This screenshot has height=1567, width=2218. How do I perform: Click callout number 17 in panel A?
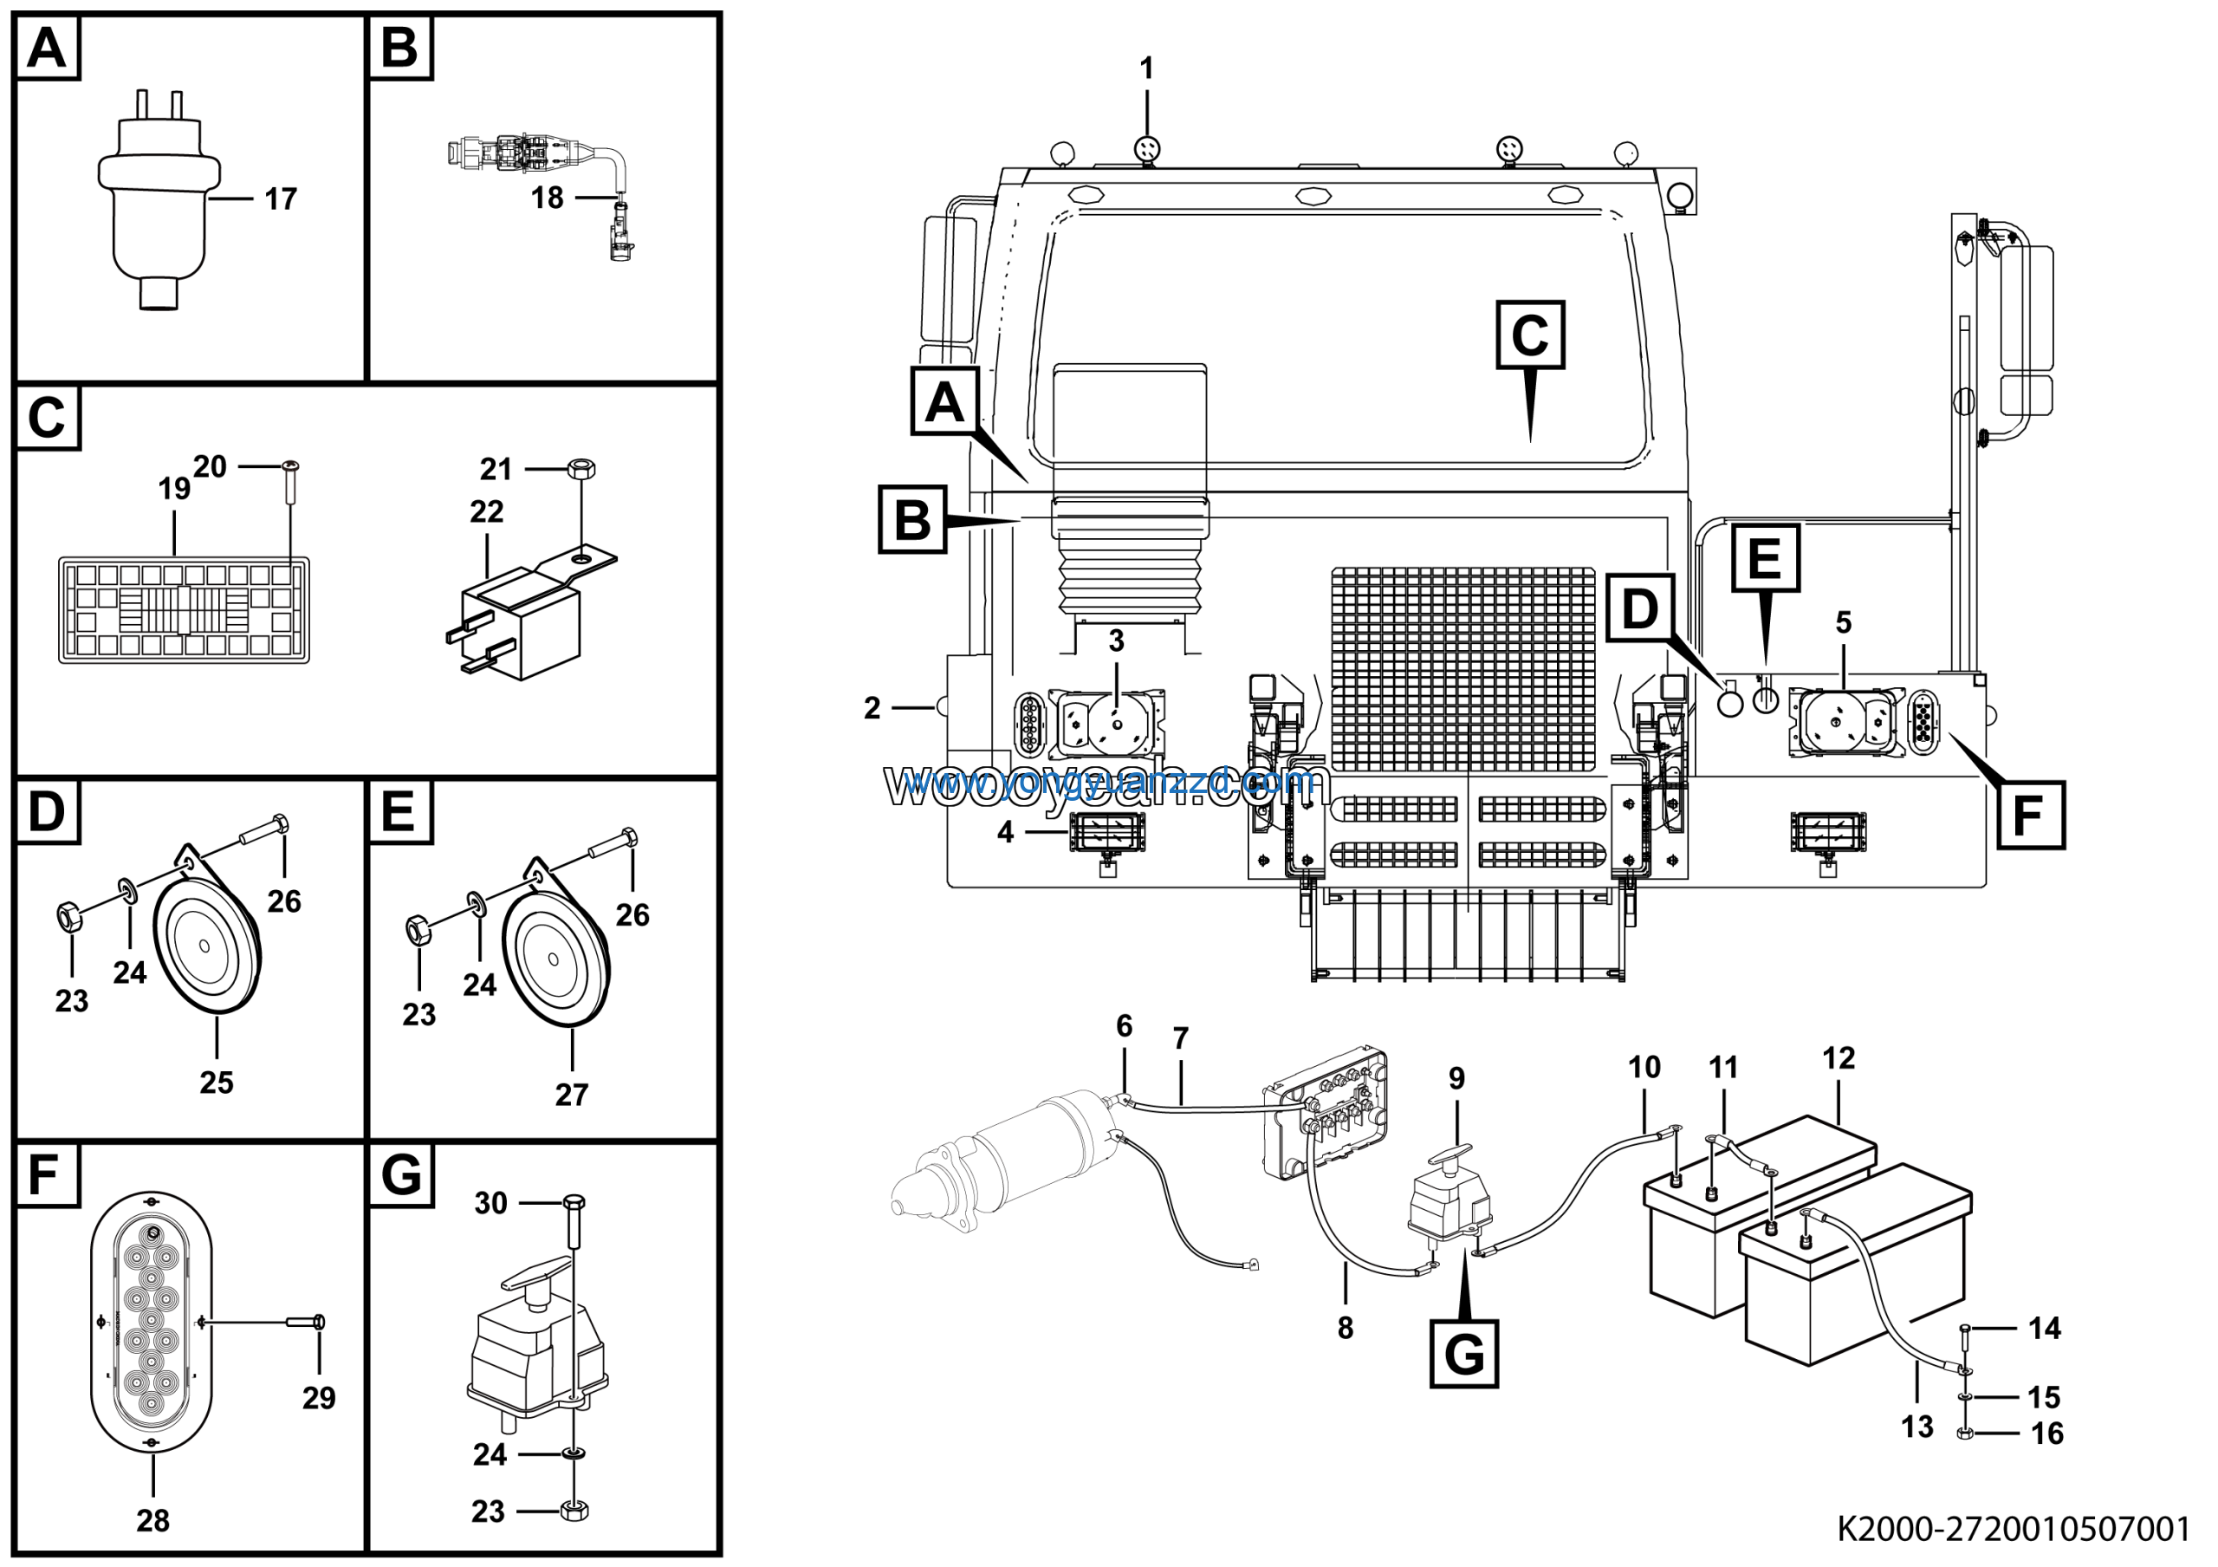point(281,200)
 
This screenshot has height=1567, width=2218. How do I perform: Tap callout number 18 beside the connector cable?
point(547,198)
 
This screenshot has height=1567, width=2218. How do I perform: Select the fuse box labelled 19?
point(184,609)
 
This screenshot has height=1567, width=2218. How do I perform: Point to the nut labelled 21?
point(580,470)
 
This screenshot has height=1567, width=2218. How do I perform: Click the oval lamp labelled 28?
point(152,1323)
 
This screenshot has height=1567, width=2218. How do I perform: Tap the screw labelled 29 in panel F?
point(308,1322)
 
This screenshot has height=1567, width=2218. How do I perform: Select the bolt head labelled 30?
point(574,1203)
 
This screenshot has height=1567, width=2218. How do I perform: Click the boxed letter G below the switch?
point(1463,1354)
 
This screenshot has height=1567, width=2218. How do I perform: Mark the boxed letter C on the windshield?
point(1530,335)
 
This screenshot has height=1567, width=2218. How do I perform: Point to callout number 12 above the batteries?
point(1839,1058)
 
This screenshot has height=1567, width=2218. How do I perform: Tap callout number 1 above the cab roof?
point(1146,68)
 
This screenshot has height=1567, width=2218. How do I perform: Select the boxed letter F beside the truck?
point(2030,816)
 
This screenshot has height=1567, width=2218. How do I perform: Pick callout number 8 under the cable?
point(1346,1328)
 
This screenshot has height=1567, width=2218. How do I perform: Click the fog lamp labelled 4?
point(1107,832)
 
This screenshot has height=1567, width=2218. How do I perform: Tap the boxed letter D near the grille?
point(1640,608)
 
